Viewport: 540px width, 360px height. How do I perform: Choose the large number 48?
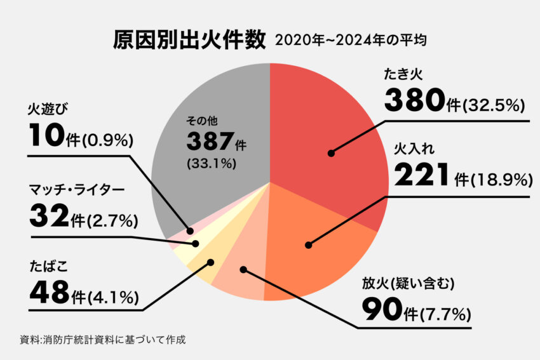(48, 292)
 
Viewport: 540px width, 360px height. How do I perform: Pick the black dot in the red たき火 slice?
(331, 153)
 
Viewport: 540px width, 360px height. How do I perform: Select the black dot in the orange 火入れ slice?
(308, 244)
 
